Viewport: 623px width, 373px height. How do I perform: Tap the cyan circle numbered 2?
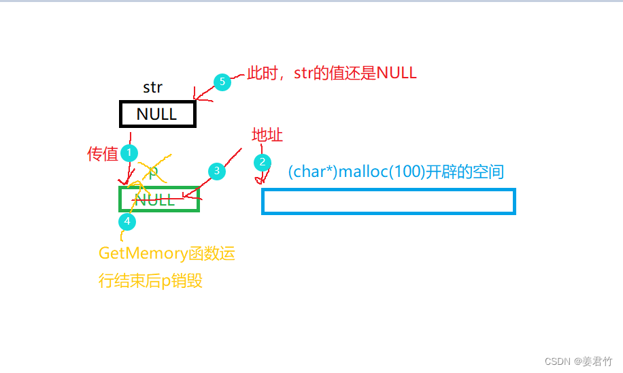[262, 162]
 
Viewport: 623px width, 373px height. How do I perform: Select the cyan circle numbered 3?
[216, 171]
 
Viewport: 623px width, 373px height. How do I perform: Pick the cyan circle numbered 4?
[127, 221]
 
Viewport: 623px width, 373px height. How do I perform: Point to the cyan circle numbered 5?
[222, 82]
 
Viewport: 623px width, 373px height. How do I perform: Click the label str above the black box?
[152, 88]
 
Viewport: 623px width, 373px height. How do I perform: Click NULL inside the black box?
[156, 114]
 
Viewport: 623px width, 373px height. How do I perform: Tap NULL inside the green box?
[154, 199]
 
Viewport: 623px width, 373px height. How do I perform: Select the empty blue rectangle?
[388, 201]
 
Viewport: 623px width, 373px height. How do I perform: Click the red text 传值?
[103, 155]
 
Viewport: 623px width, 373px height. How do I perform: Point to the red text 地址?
[267, 135]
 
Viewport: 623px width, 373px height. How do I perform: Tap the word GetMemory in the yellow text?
[143, 254]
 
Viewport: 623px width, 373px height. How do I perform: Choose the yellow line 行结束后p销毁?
[150, 280]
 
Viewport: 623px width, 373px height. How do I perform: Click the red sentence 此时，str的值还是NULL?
[331, 74]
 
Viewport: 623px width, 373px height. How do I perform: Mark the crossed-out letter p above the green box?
[153, 172]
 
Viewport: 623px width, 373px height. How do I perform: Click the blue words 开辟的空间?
[465, 172]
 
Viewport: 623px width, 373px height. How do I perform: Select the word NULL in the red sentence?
[396, 74]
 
